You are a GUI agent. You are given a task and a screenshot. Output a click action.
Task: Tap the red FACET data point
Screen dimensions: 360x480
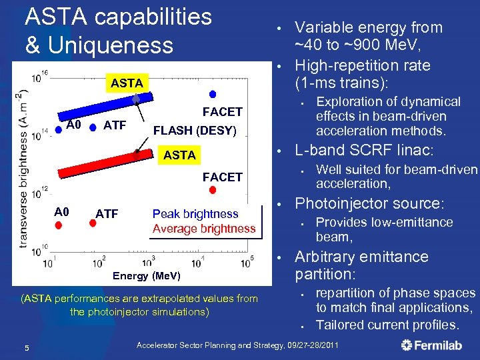[x=213, y=189]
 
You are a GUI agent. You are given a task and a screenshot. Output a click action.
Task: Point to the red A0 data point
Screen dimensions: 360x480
[x=58, y=225]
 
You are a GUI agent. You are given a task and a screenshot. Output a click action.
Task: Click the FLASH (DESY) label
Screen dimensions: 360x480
[x=195, y=131]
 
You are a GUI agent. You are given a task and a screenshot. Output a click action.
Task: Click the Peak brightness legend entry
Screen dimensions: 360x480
[x=195, y=214]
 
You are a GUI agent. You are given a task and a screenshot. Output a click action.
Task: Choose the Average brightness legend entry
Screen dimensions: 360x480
[x=203, y=229]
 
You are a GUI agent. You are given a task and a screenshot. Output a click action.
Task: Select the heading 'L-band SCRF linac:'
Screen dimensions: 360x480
[x=364, y=151]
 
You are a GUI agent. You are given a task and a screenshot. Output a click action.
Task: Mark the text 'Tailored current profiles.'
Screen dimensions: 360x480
[x=387, y=325]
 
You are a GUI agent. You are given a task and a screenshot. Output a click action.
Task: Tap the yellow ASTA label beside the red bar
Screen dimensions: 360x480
[x=180, y=155]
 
